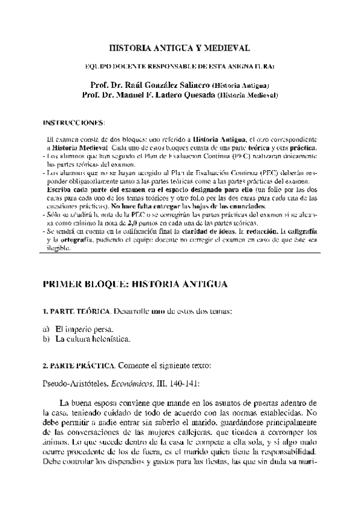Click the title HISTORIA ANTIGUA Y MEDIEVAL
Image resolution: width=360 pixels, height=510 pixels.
pos(179,46)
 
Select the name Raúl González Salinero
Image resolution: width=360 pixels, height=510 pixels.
pos(166,85)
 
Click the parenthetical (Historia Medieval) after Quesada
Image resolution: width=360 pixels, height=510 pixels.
pos(246,95)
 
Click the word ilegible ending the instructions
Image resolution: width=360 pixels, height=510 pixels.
pos(58,248)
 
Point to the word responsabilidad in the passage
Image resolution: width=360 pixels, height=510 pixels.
pos(285,451)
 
